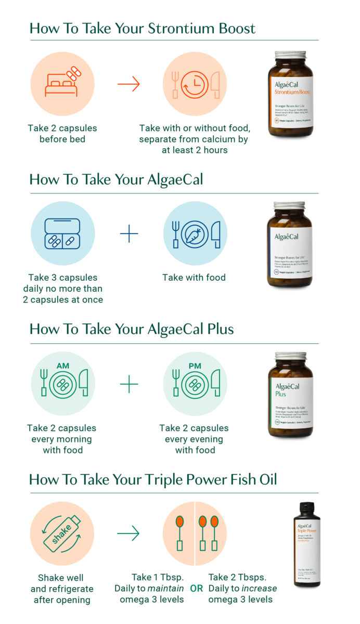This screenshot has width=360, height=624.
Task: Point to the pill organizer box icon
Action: [62, 233]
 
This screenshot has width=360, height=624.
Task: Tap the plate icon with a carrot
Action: [195, 234]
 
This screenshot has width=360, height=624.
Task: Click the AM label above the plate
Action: [62, 366]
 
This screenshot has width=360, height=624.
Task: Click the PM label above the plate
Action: [195, 366]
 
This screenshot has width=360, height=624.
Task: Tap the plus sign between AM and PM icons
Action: [129, 385]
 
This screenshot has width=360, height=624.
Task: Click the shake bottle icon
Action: [62, 534]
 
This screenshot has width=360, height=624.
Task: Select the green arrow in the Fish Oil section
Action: [128, 533]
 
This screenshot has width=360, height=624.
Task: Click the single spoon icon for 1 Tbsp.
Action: [179, 533]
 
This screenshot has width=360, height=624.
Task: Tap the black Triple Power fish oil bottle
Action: [306, 544]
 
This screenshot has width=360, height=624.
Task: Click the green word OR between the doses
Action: [196, 589]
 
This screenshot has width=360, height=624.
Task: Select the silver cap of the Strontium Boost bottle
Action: [290, 55]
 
